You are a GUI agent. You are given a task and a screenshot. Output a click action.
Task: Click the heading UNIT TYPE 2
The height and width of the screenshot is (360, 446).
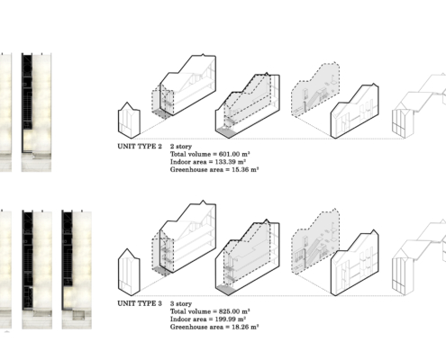coord(140,147)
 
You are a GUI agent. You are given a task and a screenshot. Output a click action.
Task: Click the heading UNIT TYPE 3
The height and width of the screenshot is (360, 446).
coord(140,303)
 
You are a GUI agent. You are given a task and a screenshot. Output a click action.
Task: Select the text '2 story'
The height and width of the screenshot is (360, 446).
coord(181,147)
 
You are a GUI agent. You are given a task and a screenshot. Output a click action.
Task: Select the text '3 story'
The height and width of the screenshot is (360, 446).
coord(181,304)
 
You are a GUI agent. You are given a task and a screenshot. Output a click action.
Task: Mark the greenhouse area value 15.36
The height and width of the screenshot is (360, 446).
coord(241,169)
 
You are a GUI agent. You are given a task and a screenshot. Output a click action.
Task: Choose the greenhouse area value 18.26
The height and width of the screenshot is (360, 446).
coord(241,327)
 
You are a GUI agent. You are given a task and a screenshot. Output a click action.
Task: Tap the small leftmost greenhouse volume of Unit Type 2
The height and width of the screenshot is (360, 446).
coord(129,121)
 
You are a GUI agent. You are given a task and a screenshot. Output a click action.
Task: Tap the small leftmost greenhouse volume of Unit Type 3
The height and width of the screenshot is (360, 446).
coord(129,273)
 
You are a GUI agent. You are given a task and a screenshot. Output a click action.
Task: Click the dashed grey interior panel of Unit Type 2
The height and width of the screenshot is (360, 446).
coord(315,90)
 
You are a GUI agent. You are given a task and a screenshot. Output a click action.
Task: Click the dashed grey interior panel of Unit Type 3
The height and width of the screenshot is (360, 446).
coord(315,241)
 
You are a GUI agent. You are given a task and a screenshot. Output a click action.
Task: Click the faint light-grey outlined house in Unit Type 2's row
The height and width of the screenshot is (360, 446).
coord(419,106)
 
